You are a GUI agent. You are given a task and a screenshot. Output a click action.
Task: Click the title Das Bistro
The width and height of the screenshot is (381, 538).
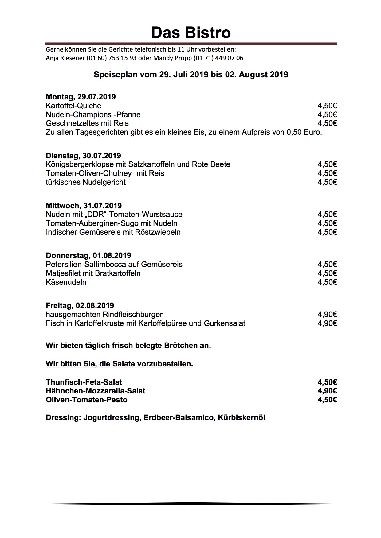(191, 33)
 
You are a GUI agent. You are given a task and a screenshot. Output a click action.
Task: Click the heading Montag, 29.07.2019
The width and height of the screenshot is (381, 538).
(81, 97)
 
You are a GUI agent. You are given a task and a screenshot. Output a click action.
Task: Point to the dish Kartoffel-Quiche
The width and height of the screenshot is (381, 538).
(73, 106)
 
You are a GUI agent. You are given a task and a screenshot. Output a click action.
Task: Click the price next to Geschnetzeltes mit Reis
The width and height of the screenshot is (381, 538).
(327, 123)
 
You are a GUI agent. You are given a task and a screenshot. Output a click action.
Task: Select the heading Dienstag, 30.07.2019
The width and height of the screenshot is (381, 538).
(83, 156)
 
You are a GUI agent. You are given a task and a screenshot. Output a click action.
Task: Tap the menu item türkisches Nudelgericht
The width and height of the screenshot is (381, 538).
(86, 182)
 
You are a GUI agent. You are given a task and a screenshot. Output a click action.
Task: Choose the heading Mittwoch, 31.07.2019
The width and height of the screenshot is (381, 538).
(84, 206)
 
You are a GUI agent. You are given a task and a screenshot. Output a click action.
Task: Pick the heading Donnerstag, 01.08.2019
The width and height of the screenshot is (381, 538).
(88, 256)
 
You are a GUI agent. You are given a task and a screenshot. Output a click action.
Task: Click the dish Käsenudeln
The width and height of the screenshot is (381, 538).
(66, 282)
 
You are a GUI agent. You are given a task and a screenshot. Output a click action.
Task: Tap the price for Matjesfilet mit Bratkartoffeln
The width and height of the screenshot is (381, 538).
(327, 273)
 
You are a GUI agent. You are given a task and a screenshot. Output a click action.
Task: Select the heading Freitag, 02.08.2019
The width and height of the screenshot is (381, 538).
(80, 306)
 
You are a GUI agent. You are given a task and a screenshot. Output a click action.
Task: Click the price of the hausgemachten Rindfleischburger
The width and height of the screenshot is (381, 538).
(327, 315)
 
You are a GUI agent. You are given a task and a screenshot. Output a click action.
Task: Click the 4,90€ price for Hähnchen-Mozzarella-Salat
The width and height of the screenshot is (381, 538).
(327, 391)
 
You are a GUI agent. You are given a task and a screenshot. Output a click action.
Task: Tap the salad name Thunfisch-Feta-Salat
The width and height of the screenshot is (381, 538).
(84, 382)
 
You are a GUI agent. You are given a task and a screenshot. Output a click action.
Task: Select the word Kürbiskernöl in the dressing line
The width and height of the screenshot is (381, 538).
(242, 418)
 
